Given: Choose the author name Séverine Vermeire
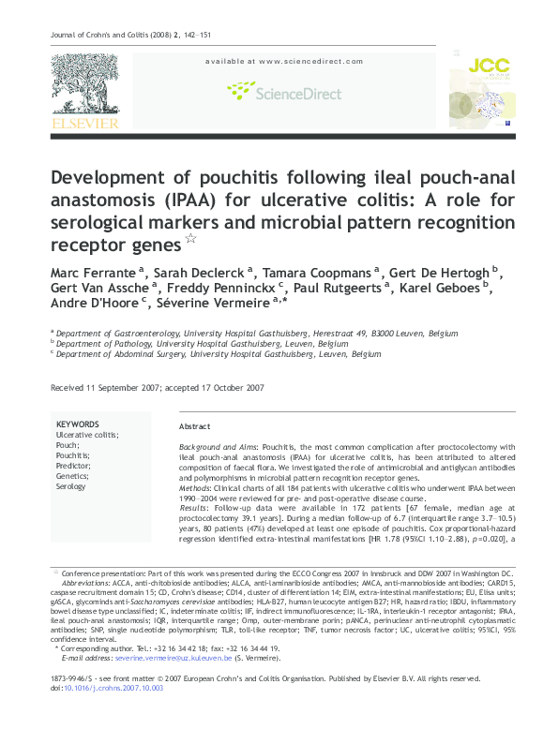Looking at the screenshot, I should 220,306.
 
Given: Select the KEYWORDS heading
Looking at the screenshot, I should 77,424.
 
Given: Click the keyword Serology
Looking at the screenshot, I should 71,486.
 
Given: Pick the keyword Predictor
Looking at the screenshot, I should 74,466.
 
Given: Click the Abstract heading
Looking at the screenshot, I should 194,425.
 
